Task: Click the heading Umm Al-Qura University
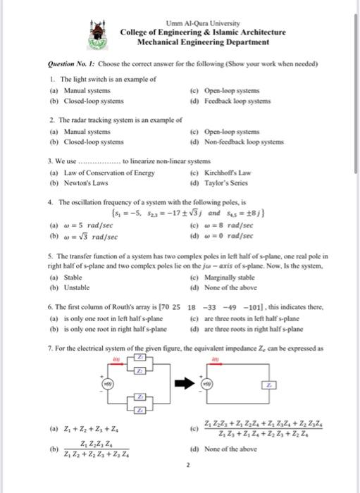(x=201, y=22)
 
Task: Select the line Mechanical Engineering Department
(x=202, y=42)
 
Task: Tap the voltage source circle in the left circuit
(x=108, y=385)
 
